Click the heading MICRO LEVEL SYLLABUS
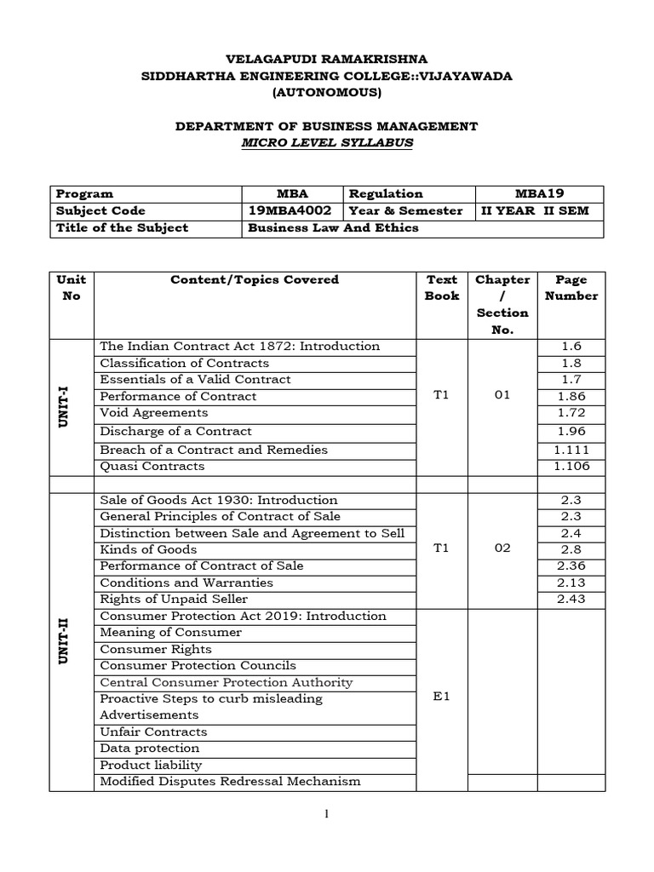[327, 143]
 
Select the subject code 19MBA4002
[290, 210]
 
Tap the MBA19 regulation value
[540, 193]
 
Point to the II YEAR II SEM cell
[535, 210]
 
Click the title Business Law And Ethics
[333, 227]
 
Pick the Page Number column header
[571, 288]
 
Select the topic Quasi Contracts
[152, 466]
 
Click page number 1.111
[571, 450]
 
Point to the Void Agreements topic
[154, 412]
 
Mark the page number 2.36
[571, 565]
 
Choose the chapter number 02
[502, 548]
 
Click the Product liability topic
[151, 765]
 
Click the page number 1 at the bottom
[326, 814]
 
